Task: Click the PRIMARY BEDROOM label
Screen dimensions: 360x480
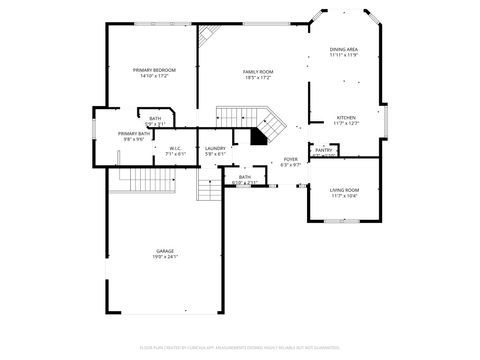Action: point(152,70)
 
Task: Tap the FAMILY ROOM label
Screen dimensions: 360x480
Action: point(258,71)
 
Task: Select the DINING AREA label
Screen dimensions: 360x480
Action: point(344,49)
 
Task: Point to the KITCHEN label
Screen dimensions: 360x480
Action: point(345,117)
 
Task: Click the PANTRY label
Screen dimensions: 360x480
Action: point(323,150)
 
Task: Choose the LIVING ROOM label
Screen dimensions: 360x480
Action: point(344,189)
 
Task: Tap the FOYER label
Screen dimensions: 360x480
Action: point(290,158)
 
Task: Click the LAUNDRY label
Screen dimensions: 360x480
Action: point(215,148)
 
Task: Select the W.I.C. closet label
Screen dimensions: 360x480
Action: point(175,148)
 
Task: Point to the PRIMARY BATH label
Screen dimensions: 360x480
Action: point(133,133)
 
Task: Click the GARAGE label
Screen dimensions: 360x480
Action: point(165,250)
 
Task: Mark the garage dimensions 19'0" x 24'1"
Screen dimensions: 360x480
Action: point(165,257)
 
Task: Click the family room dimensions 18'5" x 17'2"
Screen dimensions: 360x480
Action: point(258,78)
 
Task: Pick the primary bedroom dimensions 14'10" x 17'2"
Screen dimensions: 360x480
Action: point(152,77)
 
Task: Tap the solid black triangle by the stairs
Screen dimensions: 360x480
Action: point(259,138)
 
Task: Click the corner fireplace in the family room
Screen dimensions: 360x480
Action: point(208,36)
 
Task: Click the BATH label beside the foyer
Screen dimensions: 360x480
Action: point(245,177)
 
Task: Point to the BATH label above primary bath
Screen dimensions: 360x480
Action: point(155,118)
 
